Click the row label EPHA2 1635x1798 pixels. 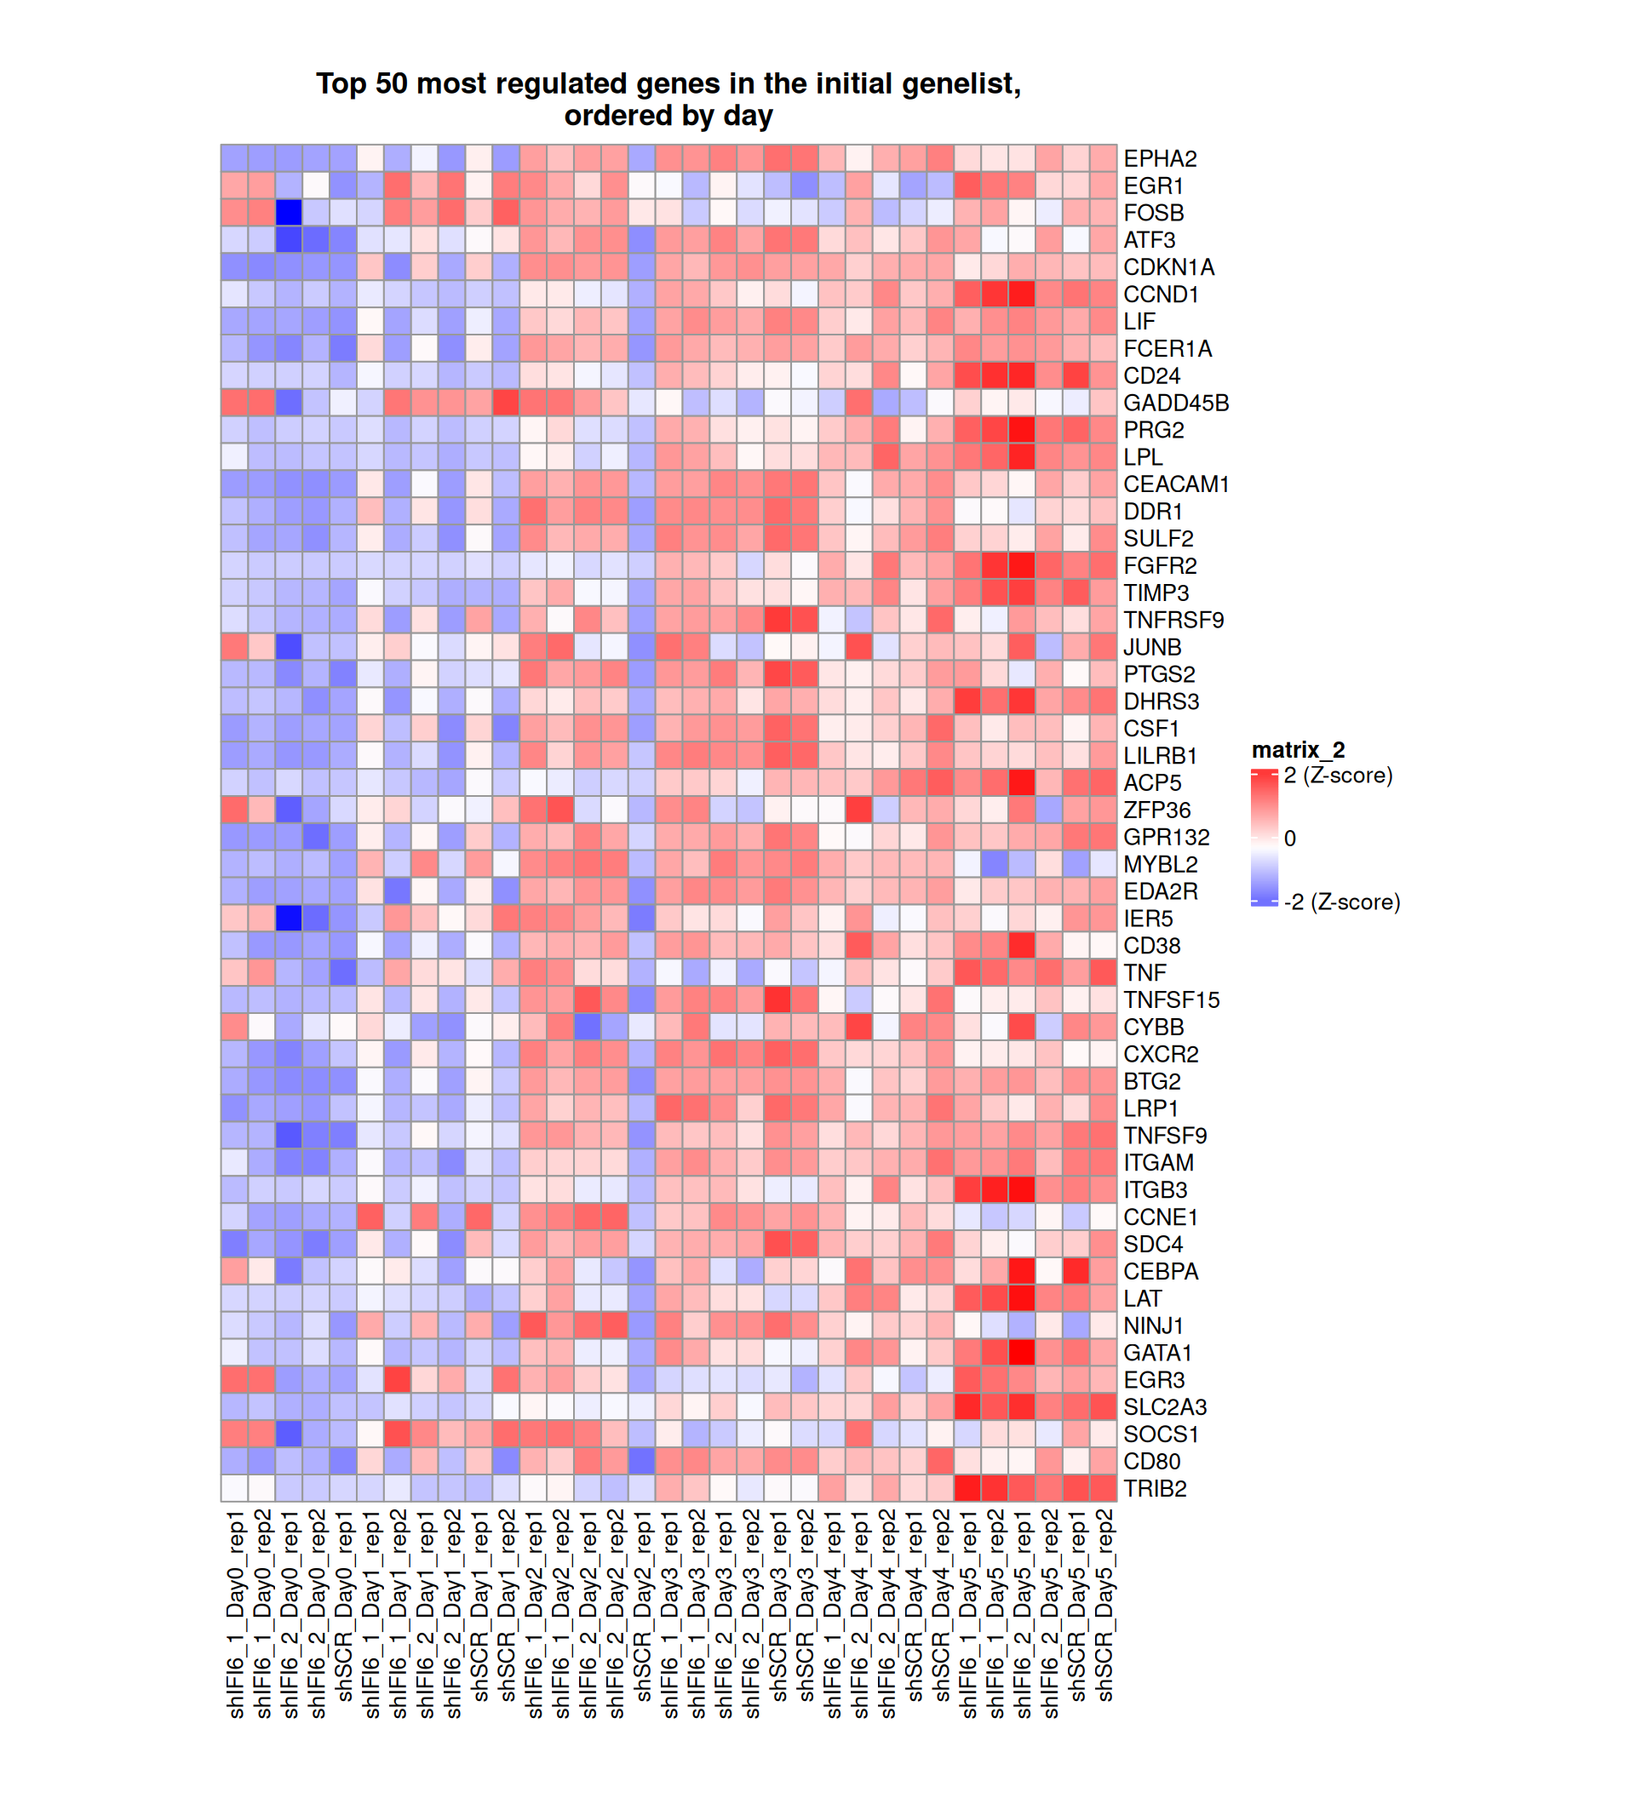tap(1159, 158)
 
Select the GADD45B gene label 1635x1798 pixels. tap(1175, 404)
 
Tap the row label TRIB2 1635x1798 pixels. tap(1154, 1488)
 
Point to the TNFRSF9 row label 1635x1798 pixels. tap(1173, 620)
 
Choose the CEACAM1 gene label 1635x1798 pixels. tap(1175, 484)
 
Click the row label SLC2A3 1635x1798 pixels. tap(1164, 1407)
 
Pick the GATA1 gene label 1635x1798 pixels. tap(1157, 1353)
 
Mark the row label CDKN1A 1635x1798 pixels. tap(1167, 267)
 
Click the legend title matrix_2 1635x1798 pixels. tap(1298, 750)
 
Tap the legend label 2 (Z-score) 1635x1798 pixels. tap(1337, 776)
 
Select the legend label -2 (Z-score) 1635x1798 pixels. tap(1341, 902)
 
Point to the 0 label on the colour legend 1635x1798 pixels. tap(1289, 839)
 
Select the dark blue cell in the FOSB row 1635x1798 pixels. tap(288, 213)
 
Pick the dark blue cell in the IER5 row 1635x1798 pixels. tap(288, 919)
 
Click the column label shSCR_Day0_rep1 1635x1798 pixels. tap(344, 1614)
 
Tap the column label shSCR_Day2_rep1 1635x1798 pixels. tap(642, 1614)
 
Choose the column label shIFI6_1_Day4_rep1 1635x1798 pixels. tap(832, 1614)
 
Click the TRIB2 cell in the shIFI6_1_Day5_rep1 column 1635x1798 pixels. tap(967, 1488)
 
